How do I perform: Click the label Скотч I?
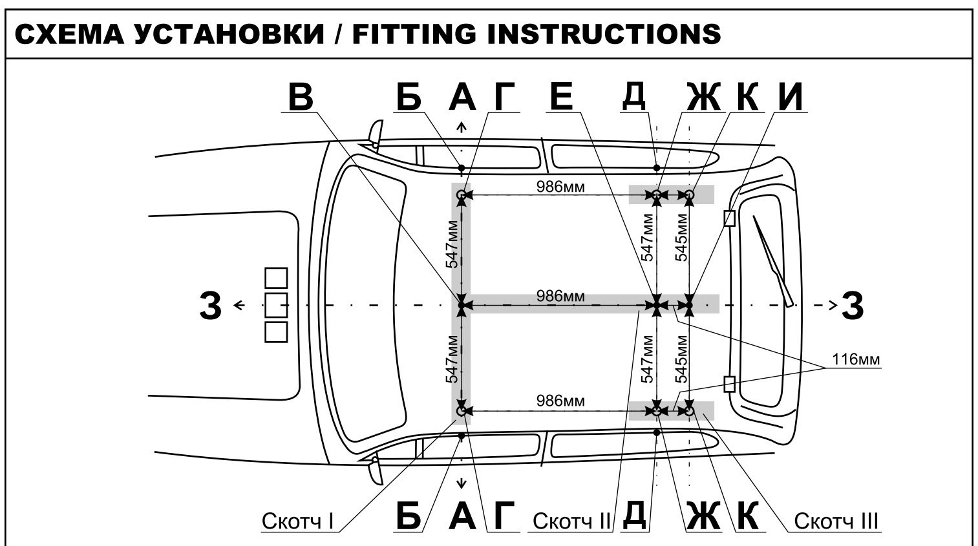click(297, 520)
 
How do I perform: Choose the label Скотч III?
click(836, 520)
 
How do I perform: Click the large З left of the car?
click(211, 305)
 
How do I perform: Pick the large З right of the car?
click(853, 305)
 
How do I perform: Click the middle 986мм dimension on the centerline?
click(560, 296)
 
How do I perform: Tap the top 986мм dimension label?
click(560, 187)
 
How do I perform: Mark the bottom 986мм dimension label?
click(560, 401)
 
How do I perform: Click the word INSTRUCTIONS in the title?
click(604, 33)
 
